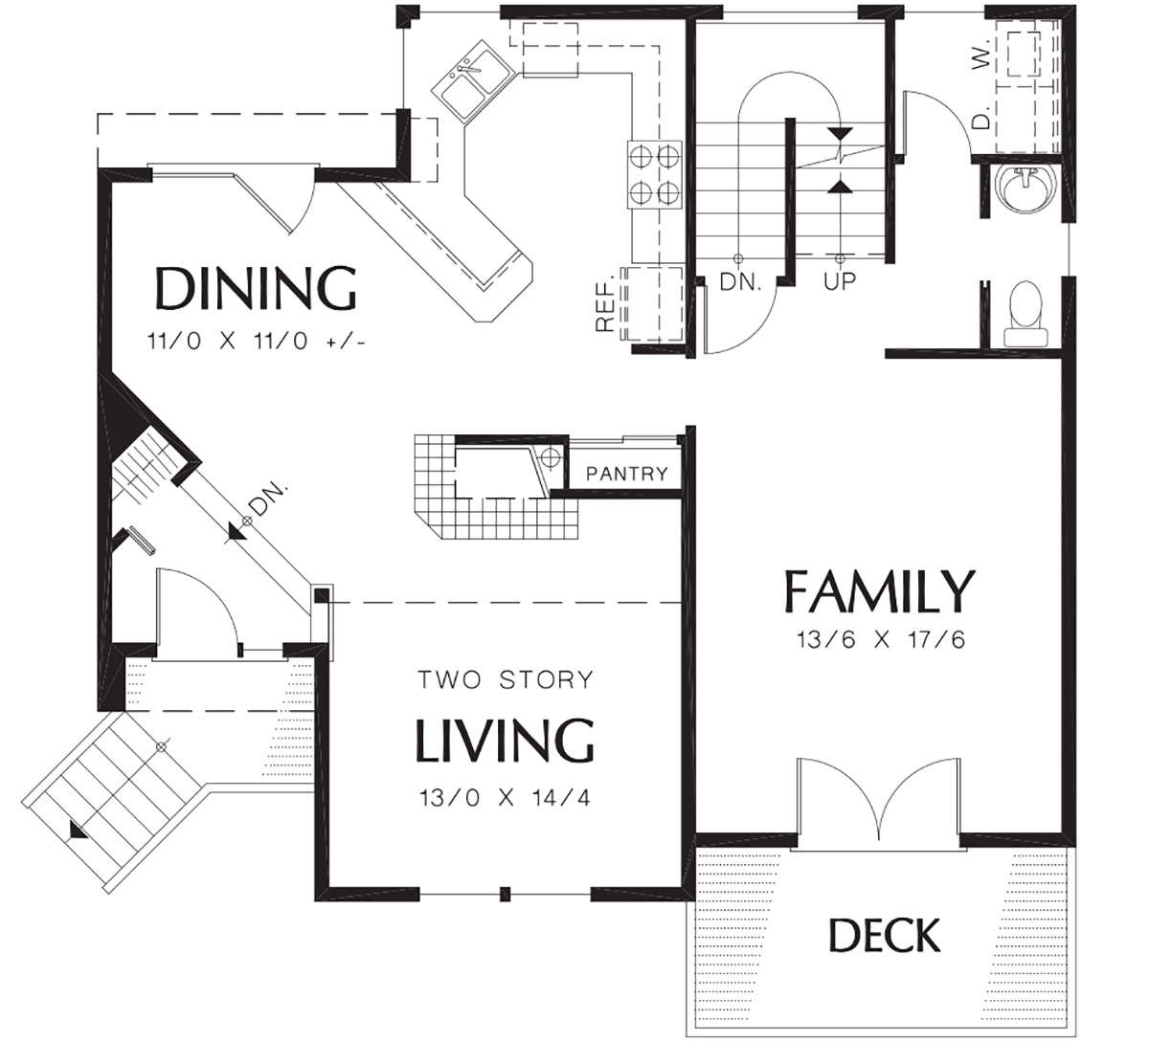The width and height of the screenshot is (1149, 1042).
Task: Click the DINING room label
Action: point(256,288)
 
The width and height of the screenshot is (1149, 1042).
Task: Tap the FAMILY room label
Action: point(879,591)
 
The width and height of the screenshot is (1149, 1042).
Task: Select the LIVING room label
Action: point(505,741)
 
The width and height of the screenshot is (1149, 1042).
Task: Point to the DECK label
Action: point(885,935)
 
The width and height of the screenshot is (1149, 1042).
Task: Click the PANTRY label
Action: point(627,474)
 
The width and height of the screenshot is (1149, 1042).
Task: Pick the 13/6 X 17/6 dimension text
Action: point(881,639)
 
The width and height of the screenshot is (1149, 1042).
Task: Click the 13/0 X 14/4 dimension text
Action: point(505,798)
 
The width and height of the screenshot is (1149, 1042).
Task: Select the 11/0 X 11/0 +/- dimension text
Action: point(256,342)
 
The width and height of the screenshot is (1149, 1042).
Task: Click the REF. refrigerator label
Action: point(605,301)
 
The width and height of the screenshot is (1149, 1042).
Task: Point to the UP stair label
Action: point(840,280)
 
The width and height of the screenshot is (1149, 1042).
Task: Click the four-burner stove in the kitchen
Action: point(655,174)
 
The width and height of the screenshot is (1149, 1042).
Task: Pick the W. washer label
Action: point(981,55)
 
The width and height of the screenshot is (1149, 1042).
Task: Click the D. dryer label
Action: point(981,118)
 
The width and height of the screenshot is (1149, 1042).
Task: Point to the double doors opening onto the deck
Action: point(878,799)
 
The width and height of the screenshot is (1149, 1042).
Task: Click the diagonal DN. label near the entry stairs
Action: point(267,499)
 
